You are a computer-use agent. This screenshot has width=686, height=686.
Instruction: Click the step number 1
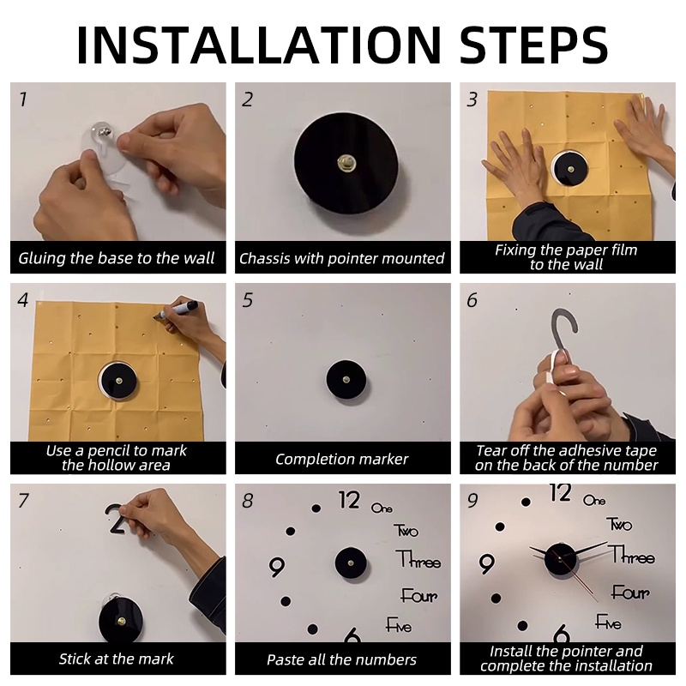point(23,99)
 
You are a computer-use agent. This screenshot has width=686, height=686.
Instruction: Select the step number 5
point(248,300)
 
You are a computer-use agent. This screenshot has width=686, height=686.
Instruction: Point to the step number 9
point(472,501)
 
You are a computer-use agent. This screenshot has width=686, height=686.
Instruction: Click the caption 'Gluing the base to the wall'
point(117,258)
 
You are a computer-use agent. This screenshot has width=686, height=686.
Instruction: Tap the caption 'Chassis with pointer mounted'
point(341,258)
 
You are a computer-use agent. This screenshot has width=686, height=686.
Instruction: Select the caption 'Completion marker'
point(341,459)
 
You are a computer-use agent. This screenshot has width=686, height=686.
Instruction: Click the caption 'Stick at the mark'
point(117,659)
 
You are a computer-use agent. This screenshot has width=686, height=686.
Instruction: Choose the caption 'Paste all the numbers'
point(341,659)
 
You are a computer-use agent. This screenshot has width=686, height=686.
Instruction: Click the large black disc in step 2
point(346,163)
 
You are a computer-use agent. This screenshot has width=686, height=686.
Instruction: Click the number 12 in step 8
point(349,500)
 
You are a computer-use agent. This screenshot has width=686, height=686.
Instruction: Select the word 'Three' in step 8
point(418,560)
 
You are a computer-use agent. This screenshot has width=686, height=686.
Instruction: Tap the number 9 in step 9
point(486,564)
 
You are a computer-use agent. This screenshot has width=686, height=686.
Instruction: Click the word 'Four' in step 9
point(630,593)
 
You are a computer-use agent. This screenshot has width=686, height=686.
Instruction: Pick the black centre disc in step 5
point(346,380)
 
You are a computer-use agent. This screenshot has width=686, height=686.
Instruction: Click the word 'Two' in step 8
point(406,530)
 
